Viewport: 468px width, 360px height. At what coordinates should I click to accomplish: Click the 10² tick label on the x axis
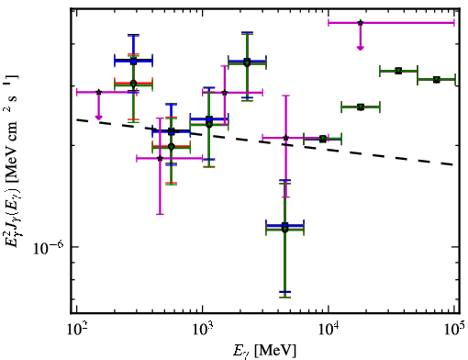[76, 331]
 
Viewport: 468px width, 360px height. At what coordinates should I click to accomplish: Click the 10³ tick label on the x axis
[203, 331]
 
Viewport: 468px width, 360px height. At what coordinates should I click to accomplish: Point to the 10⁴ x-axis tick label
[329, 331]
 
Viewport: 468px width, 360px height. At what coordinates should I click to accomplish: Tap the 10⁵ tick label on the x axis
[454, 331]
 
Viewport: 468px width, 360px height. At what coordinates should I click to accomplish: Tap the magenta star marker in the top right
[361, 23]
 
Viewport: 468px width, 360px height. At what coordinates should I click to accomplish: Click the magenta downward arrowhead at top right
[361, 48]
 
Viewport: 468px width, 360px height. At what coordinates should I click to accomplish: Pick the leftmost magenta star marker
[98, 92]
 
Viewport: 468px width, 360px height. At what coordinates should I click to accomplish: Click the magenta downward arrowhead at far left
[98, 118]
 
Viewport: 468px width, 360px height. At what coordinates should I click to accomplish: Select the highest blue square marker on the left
[133, 62]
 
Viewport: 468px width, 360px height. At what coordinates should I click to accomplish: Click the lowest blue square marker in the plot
[284, 226]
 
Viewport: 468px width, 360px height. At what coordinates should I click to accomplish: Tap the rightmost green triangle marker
[437, 80]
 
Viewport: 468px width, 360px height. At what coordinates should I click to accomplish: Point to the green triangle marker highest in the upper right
[398, 71]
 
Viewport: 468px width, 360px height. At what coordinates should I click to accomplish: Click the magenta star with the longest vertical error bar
[160, 158]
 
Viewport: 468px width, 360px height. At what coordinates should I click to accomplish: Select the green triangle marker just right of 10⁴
[361, 107]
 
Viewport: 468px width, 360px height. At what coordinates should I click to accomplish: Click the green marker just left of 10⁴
[322, 139]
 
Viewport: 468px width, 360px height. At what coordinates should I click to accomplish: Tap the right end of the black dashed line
[453, 164]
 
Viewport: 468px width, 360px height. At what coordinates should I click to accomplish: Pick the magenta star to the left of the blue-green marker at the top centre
[225, 93]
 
